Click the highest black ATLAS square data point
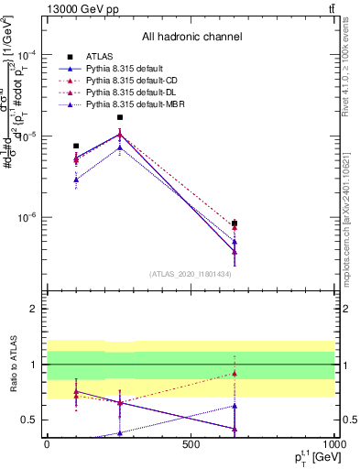pyautogui.click(x=120, y=117)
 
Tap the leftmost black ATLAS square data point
pyautogui.click(x=76, y=146)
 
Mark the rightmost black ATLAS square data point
pyautogui.click(x=235, y=224)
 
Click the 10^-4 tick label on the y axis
pyautogui.click(x=29, y=54)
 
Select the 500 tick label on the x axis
pyautogui.click(x=191, y=442)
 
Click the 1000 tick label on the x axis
pyautogui.click(x=333, y=442)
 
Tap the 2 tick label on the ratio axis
pyautogui.click(x=34, y=309)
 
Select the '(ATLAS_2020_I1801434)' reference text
pyautogui.click(x=191, y=274)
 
